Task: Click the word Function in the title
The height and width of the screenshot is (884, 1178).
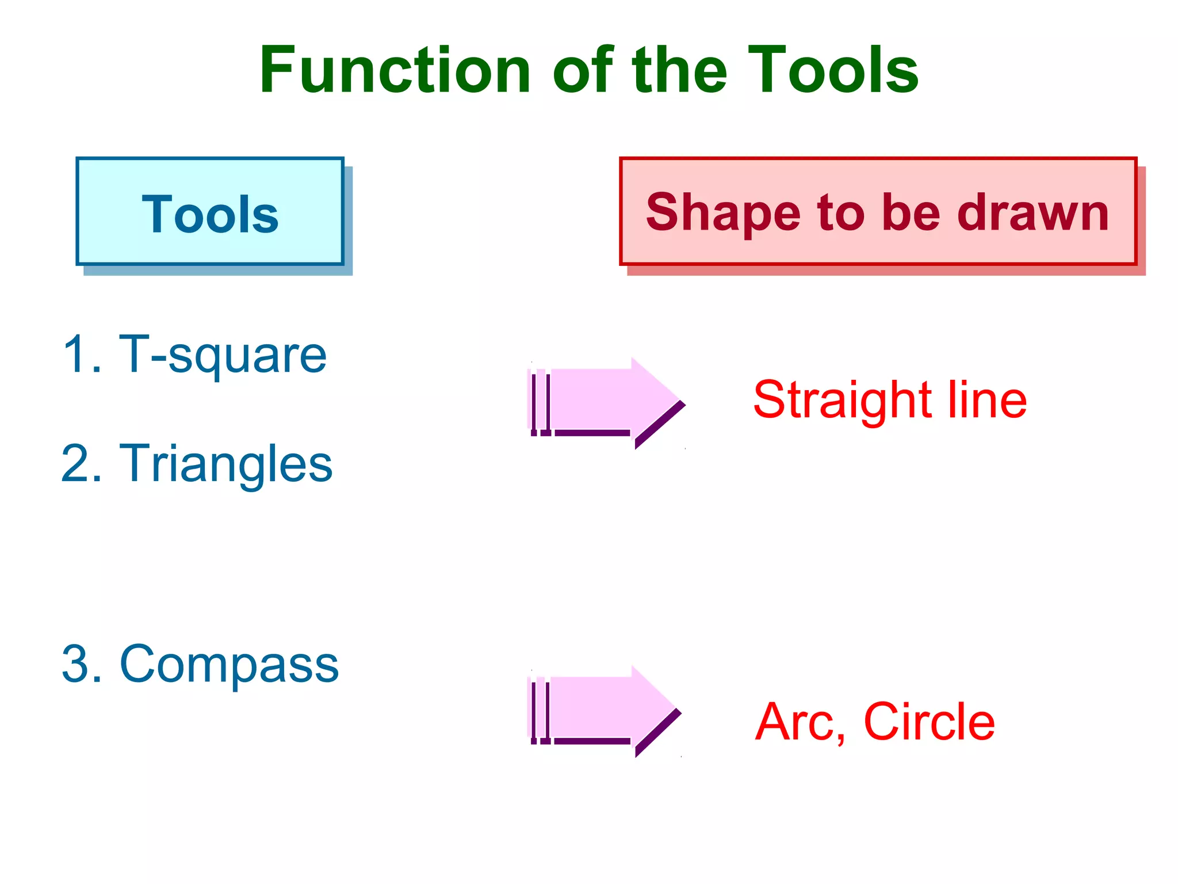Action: tap(395, 70)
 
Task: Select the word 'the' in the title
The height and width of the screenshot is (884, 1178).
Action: tap(679, 70)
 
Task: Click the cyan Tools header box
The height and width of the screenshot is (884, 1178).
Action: tap(210, 212)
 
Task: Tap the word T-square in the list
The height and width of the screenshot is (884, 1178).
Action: tap(223, 356)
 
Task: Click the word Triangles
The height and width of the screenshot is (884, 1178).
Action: tap(225, 464)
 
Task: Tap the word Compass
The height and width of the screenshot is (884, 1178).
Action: tap(229, 665)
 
